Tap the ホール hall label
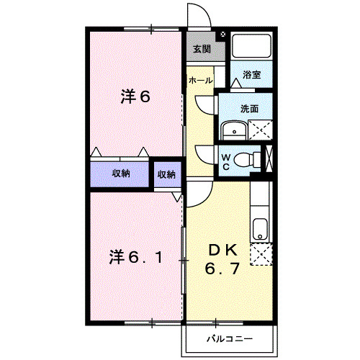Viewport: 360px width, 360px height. (200, 81)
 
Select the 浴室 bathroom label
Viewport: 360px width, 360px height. (251, 75)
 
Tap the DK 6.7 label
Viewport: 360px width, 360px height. (223, 261)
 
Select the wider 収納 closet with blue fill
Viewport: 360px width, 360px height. (120, 174)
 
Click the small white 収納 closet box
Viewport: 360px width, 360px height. (166, 174)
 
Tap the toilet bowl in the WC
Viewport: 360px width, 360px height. (248, 158)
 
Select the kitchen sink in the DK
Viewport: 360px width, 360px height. (260, 230)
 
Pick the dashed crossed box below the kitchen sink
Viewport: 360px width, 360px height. (260, 255)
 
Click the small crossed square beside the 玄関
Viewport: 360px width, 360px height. (222, 34)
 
